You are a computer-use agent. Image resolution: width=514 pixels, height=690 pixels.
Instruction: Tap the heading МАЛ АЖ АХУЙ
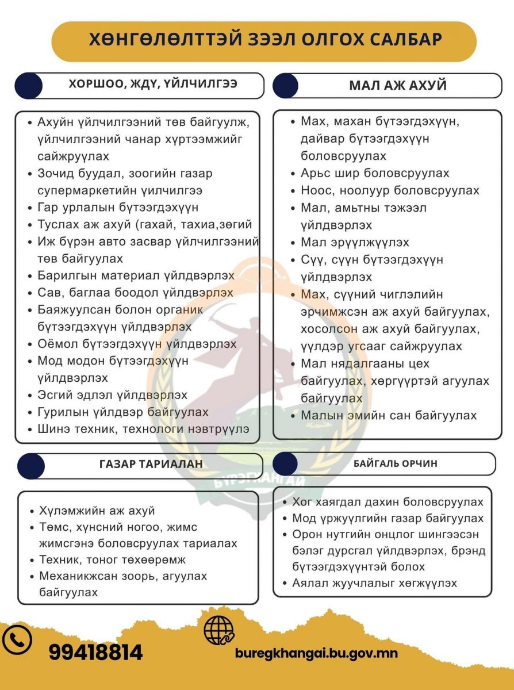398,86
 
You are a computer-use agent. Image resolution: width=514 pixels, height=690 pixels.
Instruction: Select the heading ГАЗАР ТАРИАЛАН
151,465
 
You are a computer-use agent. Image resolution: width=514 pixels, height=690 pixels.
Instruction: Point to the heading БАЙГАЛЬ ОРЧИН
395,463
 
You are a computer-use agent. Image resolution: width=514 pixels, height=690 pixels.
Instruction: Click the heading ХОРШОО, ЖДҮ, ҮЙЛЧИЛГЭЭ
153,84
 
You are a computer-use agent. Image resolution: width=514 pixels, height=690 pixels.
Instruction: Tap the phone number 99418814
95,653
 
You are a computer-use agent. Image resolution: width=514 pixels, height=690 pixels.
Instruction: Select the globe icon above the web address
218,630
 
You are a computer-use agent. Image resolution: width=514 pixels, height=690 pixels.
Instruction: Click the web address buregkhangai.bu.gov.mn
316,653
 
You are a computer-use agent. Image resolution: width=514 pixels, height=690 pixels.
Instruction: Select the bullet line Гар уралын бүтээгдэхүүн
117,208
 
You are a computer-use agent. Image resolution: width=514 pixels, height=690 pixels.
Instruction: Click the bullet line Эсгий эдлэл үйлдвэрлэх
112,395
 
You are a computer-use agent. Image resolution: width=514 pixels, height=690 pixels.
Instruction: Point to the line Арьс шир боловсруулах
375,173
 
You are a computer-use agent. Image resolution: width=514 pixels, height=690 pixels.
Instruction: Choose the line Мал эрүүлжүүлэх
355,242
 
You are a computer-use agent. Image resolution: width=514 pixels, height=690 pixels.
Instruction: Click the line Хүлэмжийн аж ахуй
97,511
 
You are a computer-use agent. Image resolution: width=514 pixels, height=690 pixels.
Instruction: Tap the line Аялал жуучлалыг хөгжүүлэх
374,583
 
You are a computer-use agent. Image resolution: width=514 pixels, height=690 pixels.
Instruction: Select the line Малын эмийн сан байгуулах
389,415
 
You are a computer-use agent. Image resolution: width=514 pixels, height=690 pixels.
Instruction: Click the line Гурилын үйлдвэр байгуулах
122,412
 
